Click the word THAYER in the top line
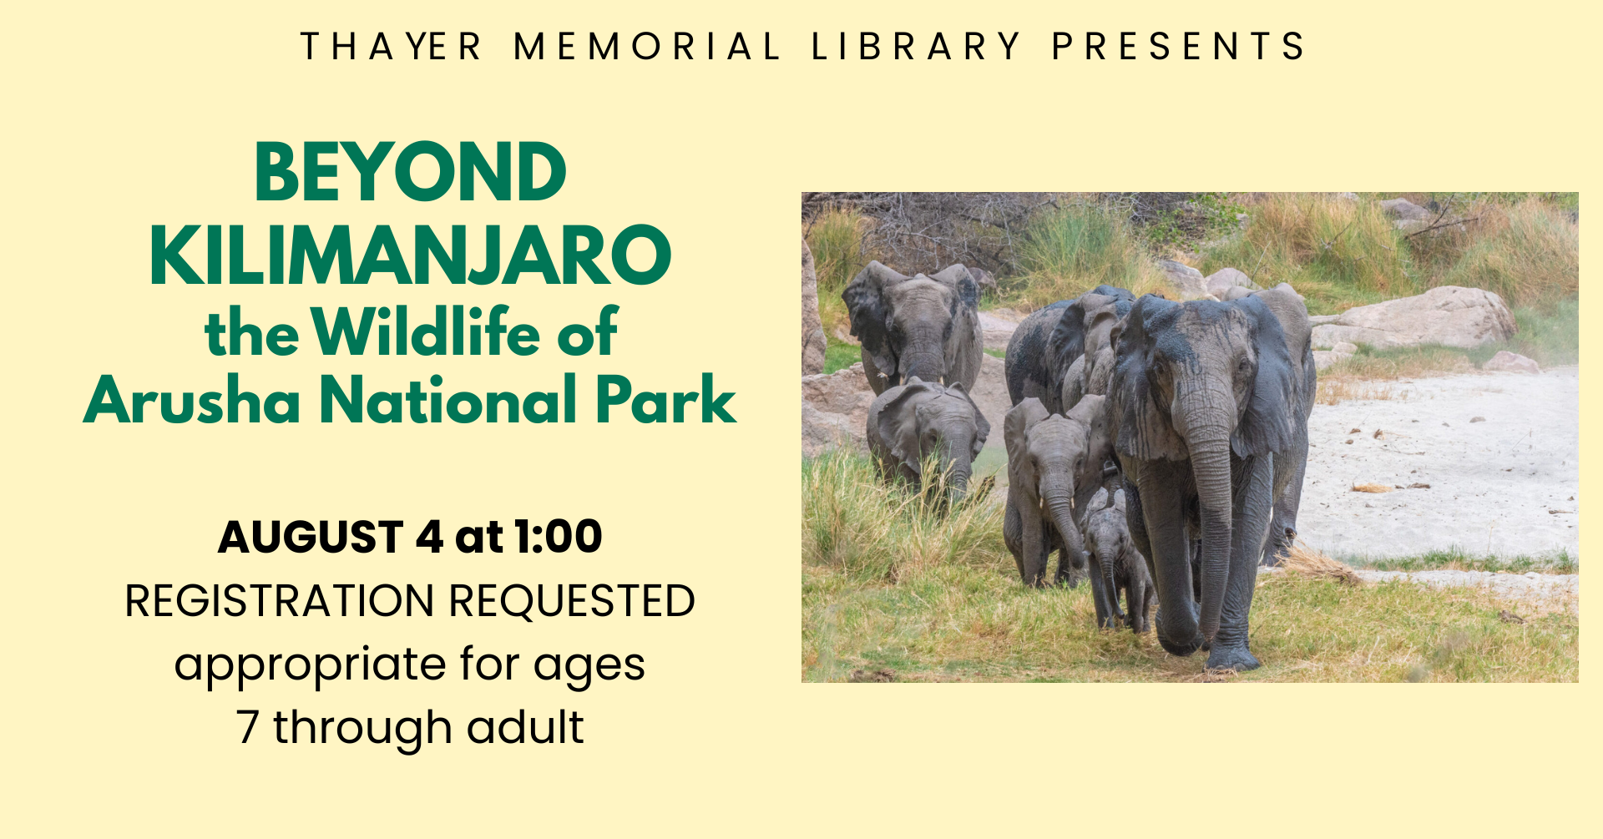[x=391, y=47]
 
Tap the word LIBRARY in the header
[x=916, y=47]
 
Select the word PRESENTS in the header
[x=1178, y=47]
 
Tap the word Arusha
[x=192, y=400]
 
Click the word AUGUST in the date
[x=311, y=537]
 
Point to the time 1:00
[x=558, y=537]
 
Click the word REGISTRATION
[x=280, y=601]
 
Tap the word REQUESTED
[x=572, y=601]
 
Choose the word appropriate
[x=311, y=666]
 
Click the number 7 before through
[x=247, y=727]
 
